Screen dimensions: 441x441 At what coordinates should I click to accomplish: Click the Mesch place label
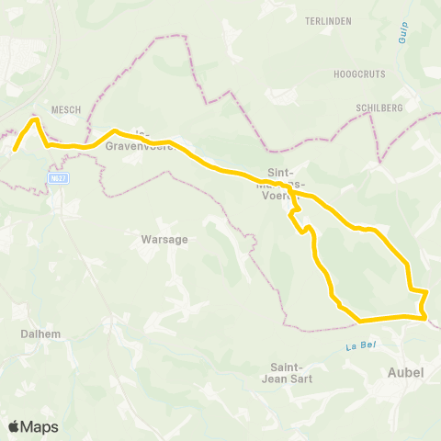[66, 109]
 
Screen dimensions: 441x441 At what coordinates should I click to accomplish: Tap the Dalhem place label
[40, 334]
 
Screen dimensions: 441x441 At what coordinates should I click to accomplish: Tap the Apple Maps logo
[33, 426]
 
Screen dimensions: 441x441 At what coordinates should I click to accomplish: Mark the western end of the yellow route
[15, 149]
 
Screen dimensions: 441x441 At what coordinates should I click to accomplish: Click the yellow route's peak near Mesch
[35, 119]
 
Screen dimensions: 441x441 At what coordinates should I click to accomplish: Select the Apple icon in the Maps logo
[15, 426]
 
